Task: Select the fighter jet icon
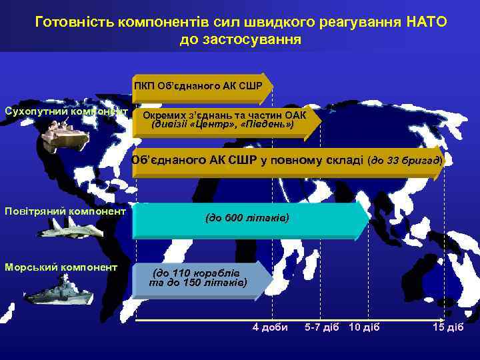(59, 227)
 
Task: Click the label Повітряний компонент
(65, 211)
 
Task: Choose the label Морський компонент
(61, 267)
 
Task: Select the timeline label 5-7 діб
(322, 327)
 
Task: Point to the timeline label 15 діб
(447, 327)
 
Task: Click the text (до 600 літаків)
(247, 219)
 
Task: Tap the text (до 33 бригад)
(405, 161)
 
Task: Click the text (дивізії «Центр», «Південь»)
(223, 124)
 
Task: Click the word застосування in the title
(240, 39)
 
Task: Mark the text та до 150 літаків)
(199, 283)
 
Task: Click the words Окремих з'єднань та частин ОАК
(220, 114)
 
